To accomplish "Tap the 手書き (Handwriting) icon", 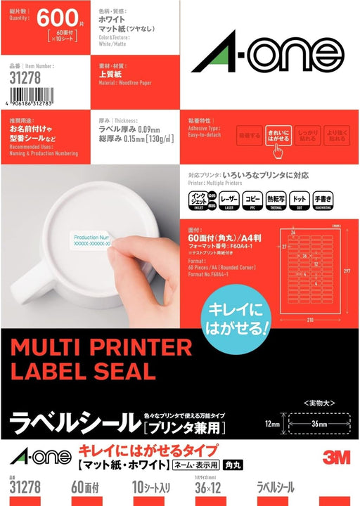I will coord(337,201).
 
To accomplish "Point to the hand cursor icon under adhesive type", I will coord(278,150).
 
